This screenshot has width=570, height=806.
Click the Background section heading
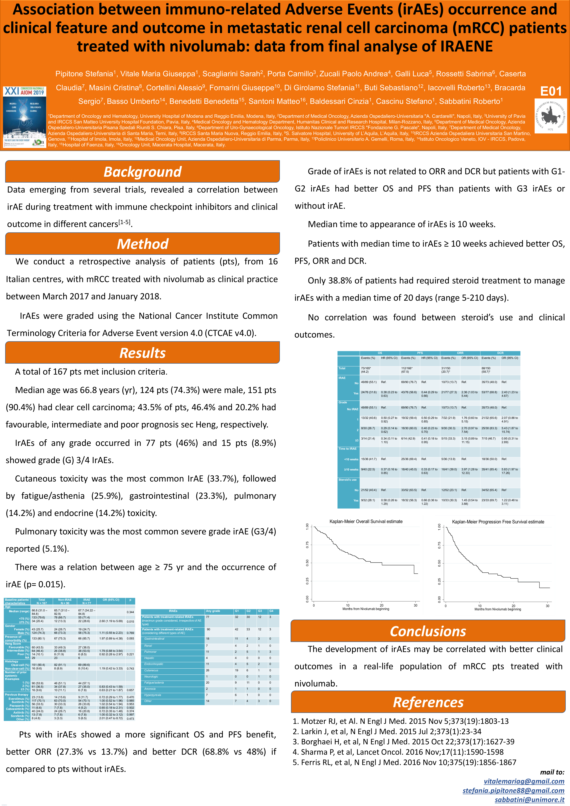point(143,172)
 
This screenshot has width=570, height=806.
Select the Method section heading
point(143,244)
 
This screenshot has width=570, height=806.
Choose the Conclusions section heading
point(428,631)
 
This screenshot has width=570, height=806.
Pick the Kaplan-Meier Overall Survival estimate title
point(366,521)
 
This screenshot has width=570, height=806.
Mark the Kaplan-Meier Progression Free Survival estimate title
point(498,522)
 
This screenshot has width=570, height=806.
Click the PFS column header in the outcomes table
point(420,353)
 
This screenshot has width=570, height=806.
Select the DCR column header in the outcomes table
point(500,353)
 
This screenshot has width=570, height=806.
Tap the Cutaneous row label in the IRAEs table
point(151,670)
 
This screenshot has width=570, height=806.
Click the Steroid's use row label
point(347,479)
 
